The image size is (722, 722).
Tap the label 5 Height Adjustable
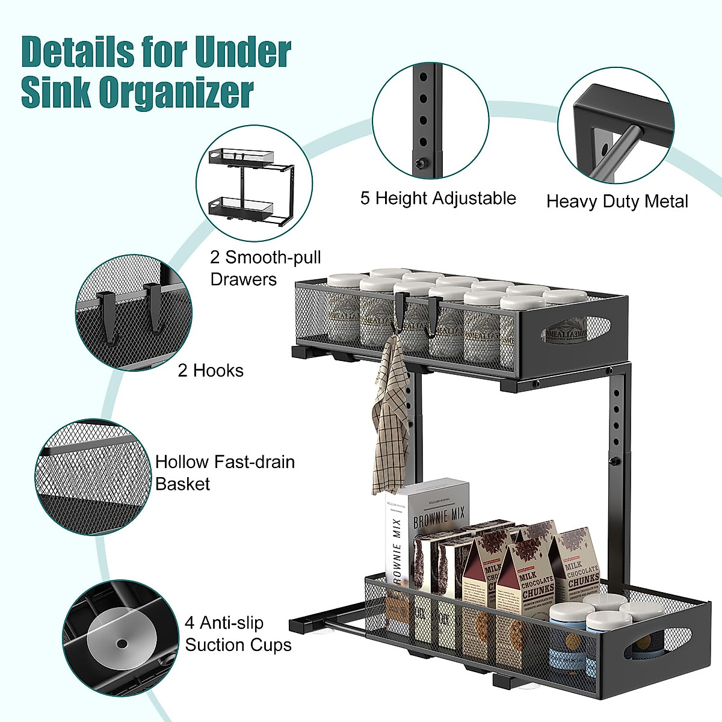[x=438, y=199]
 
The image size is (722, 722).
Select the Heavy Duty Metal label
[x=617, y=201]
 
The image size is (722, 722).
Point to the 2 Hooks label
[x=211, y=371]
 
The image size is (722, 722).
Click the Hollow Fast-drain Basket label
[x=224, y=473]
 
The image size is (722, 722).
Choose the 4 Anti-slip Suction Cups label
[x=238, y=634]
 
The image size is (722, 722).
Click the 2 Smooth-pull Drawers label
[x=265, y=268]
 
